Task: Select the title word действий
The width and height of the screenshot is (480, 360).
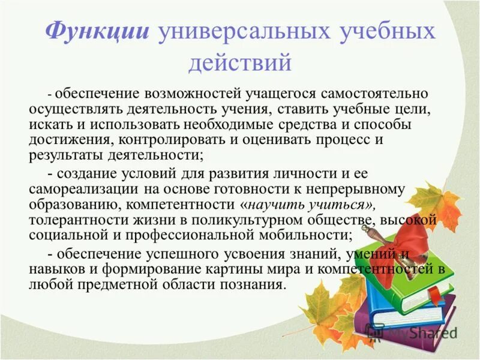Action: pos(240,62)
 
